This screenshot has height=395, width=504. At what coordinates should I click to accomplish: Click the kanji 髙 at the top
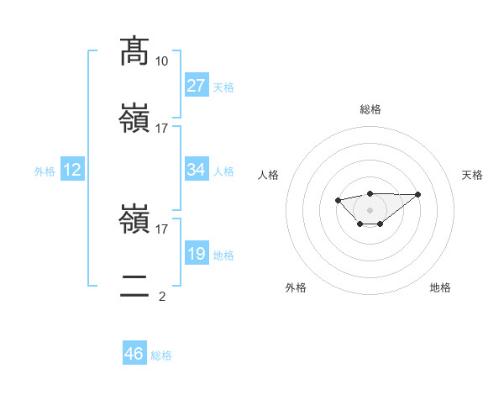(x=135, y=51)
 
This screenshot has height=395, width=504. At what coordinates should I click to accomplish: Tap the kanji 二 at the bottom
(x=135, y=287)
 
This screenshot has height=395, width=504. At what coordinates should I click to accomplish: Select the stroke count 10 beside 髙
(x=162, y=61)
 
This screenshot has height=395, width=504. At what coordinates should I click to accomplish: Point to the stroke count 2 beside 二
(x=162, y=296)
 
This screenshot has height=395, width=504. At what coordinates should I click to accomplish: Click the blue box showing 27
(x=197, y=86)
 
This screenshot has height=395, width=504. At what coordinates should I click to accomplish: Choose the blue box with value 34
(x=197, y=170)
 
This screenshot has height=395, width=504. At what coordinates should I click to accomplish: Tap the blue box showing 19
(x=197, y=254)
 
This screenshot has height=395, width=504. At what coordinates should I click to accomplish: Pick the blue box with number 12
(x=72, y=170)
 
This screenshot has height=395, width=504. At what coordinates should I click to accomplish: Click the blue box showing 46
(x=134, y=354)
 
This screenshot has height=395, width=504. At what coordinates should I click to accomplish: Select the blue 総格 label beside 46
(x=161, y=355)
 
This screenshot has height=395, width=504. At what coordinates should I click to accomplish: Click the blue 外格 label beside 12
(x=45, y=171)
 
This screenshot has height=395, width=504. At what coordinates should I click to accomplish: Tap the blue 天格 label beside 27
(x=223, y=87)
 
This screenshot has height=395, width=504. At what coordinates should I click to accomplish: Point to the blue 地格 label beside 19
(x=223, y=255)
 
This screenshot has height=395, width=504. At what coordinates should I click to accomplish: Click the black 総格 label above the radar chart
(x=370, y=109)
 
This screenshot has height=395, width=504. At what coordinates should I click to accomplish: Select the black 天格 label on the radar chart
(x=472, y=175)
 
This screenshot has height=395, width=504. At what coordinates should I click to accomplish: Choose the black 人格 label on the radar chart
(x=269, y=175)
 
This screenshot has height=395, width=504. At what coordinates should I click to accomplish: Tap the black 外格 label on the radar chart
(x=296, y=287)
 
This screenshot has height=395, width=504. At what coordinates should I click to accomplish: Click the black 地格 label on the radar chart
(x=440, y=287)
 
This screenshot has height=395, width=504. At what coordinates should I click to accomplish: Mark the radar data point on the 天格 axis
(x=418, y=194)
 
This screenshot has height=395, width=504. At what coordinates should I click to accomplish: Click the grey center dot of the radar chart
(x=370, y=209)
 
